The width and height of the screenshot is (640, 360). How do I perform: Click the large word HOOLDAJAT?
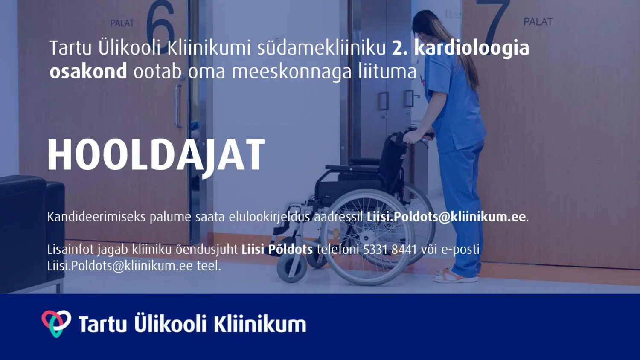click(x=156, y=156)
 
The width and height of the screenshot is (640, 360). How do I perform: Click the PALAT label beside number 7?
click(x=538, y=22)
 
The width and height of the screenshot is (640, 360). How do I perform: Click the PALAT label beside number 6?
click(x=122, y=23)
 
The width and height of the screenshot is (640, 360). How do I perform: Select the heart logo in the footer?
click(x=56, y=323)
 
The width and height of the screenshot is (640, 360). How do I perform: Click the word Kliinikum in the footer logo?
click(x=259, y=324)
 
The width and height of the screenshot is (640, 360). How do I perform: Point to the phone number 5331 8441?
click(x=390, y=250)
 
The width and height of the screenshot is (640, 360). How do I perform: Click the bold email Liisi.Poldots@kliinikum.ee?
click(x=446, y=217)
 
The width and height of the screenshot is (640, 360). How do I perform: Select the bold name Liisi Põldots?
click(x=277, y=250)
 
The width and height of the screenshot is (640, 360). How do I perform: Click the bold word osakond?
click(x=88, y=71)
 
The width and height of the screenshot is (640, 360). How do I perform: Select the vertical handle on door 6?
click(x=179, y=106)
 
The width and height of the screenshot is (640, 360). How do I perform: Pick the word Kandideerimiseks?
click(x=96, y=217)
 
